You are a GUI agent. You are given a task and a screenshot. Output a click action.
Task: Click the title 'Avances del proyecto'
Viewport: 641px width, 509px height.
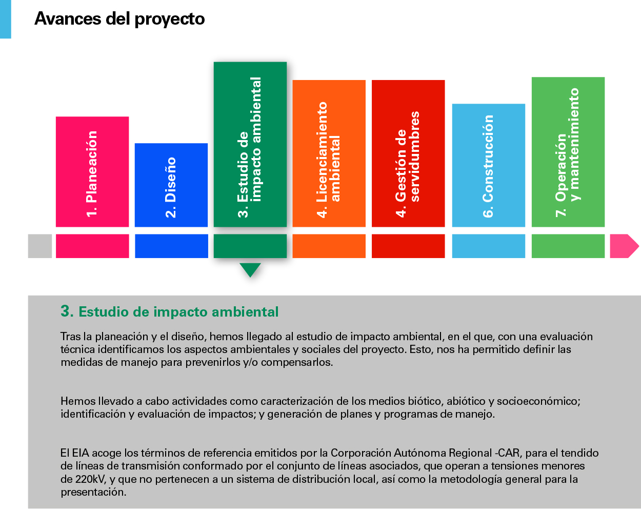[x=120, y=19]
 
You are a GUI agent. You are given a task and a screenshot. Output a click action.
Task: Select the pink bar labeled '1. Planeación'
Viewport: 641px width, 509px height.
[x=92, y=172]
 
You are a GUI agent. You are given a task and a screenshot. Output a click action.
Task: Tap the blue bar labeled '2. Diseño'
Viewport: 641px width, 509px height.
[x=171, y=185]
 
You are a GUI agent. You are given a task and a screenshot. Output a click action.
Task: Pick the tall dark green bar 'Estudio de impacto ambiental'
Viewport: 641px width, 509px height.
[x=250, y=145]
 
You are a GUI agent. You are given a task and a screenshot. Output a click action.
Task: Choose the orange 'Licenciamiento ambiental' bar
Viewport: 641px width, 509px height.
[x=329, y=153]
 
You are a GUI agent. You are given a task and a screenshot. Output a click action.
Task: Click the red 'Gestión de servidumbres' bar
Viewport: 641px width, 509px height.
[x=408, y=153]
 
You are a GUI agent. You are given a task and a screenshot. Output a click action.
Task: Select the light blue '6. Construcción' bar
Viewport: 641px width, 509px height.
[x=489, y=165]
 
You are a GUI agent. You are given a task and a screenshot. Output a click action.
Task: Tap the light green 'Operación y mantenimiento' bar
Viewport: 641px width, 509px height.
[x=568, y=152]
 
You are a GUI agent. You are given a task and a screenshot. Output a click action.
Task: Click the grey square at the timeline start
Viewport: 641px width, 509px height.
[x=40, y=246]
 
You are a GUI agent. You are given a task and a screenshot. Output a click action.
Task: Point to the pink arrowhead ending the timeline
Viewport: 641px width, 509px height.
[x=624, y=246]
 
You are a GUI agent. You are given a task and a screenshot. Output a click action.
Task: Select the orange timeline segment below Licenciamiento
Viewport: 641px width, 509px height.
[x=329, y=246]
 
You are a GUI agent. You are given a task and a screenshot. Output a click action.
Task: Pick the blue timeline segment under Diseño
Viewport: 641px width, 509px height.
[x=171, y=246]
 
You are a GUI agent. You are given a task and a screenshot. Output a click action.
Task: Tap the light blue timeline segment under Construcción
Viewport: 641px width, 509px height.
[x=489, y=246]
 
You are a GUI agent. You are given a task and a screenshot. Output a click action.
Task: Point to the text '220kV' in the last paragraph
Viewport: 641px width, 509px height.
[x=90, y=479]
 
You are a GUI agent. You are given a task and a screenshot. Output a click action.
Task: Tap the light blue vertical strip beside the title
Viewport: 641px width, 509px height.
[x=5, y=19]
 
